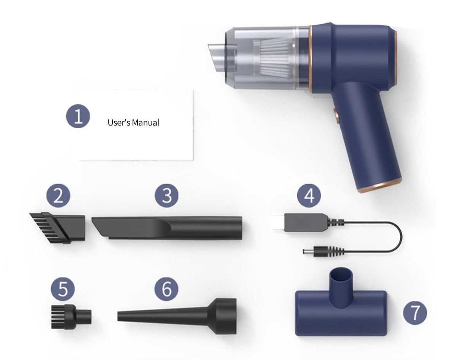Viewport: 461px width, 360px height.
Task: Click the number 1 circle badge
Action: pyautogui.click(x=78, y=116)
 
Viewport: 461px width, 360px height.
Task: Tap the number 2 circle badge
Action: pyautogui.click(x=58, y=197)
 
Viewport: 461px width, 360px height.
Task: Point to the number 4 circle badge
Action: pyautogui.click(x=309, y=196)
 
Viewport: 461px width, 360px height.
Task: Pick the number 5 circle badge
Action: pyautogui.click(x=63, y=289)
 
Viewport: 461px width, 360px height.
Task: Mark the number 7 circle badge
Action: pyautogui.click(x=415, y=313)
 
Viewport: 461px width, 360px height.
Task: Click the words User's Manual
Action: pyautogui.click(x=133, y=123)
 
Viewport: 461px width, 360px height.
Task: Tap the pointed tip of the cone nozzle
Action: pyautogui.click(x=121, y=316)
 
